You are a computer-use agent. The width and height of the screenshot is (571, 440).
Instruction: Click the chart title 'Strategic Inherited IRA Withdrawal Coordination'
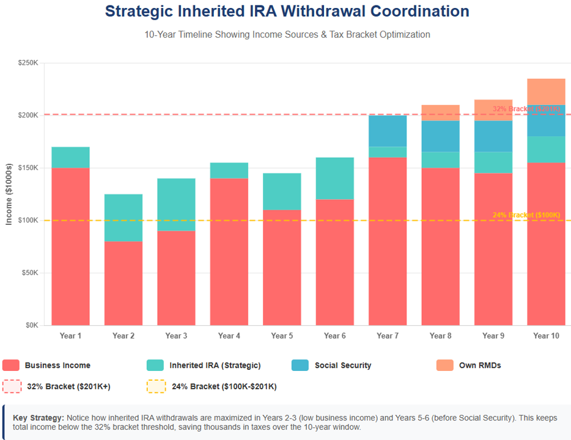click(x=287, y=12)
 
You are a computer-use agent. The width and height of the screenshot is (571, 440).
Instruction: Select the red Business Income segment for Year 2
click(x=123, y=283)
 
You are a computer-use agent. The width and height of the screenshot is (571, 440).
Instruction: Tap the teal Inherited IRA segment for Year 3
click(x=176, y=205)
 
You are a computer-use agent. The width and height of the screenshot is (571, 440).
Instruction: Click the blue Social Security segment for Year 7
click(x=388, y=131)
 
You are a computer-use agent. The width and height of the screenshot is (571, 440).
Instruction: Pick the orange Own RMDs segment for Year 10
click(x=546, y=92)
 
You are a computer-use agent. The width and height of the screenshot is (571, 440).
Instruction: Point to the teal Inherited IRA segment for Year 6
click(x=335, y=177)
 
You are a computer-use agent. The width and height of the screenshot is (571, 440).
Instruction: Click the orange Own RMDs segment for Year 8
click(x=440, y=112)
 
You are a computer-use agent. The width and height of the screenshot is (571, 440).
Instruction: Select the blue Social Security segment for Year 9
click(x=493, y=136)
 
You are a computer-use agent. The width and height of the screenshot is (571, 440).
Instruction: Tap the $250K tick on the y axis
click(x=28, y=63)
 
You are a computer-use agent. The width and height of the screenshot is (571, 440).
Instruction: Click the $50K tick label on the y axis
click(x=29, y=273)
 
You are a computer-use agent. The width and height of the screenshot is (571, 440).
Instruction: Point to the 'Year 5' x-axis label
click(x=282, y=335)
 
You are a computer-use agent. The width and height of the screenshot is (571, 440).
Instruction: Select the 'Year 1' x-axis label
click(x=70, y=335)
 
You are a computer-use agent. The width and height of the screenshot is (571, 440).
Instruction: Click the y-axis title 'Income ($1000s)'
click(x=9, y=194)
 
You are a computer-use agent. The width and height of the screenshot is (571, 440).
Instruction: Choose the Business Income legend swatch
click(x=11, y=365)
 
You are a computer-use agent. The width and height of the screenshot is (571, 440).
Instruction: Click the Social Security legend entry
click(x=342, y=365)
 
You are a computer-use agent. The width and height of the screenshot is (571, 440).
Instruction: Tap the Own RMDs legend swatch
click(x=444, y=365)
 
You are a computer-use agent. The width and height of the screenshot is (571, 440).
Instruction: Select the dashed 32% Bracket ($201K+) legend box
click(x=11, y=386)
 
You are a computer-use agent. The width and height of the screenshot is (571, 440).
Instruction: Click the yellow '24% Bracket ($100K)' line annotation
click(x=526, y=215)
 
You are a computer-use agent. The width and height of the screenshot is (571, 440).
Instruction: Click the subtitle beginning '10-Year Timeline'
click(x=287, y=34)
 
